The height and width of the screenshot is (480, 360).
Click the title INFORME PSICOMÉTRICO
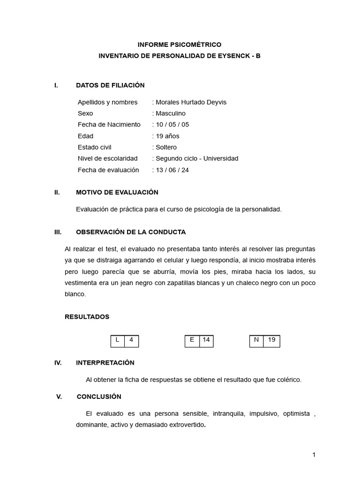click(179, 45)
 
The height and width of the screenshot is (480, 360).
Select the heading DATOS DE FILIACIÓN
click(110, 85)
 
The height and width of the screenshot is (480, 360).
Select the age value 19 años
click(167, 136)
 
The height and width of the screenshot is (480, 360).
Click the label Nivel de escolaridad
click(107, 158)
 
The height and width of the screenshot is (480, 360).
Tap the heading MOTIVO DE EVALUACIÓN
click(117, 193)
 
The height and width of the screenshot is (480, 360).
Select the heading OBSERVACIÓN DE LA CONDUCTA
click(131, 232)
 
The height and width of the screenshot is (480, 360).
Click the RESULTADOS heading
click(87, 317)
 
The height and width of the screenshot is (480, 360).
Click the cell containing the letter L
click(117, 341)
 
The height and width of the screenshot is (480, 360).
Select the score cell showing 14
click(206, 341)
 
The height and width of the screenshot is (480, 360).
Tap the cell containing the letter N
click(256, 341)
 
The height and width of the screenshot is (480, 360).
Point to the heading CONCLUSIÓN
click(99, 397)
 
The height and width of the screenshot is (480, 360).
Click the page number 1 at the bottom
click(314, 455)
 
